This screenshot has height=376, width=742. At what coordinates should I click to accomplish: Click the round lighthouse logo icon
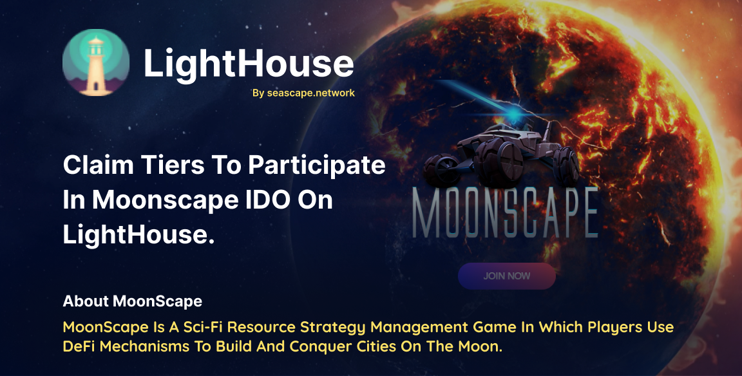pos(96,62)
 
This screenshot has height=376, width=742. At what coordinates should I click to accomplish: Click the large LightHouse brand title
pos(249,63)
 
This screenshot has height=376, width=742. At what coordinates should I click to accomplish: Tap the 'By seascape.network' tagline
pos(303,93)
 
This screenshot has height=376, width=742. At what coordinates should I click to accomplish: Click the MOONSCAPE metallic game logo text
pos(506,213)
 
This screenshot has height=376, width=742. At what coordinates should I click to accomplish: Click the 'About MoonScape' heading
pos(133,301)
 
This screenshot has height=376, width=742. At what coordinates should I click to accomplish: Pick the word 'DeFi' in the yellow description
pos(79,346)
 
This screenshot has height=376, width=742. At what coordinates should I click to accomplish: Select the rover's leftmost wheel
pos(441,169)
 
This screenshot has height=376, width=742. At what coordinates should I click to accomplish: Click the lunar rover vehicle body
pos(502,151)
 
